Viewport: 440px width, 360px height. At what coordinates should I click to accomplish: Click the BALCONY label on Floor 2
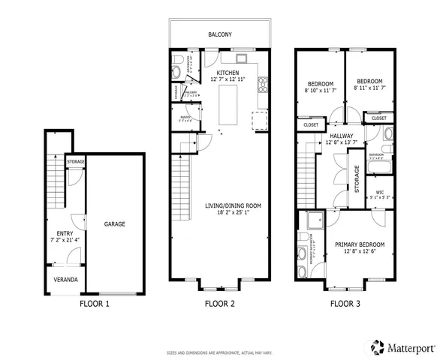tap(220, 34)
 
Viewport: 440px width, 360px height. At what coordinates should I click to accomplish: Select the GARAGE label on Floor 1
tap(114, 224)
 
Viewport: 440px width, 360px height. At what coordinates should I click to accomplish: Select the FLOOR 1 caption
tap(95, 304)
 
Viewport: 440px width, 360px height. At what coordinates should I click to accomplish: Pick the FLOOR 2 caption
tap(220, 304)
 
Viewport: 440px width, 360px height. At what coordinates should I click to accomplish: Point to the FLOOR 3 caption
tap(346, 304)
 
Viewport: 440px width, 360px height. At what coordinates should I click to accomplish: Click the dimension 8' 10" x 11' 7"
tap(319, 89)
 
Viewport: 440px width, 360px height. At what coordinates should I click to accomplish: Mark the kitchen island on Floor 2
tap(228, 106)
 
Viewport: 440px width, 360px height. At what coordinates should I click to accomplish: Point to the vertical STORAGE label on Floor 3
tap(357, 178)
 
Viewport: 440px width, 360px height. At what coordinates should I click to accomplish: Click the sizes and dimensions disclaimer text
tap(220, 351)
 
